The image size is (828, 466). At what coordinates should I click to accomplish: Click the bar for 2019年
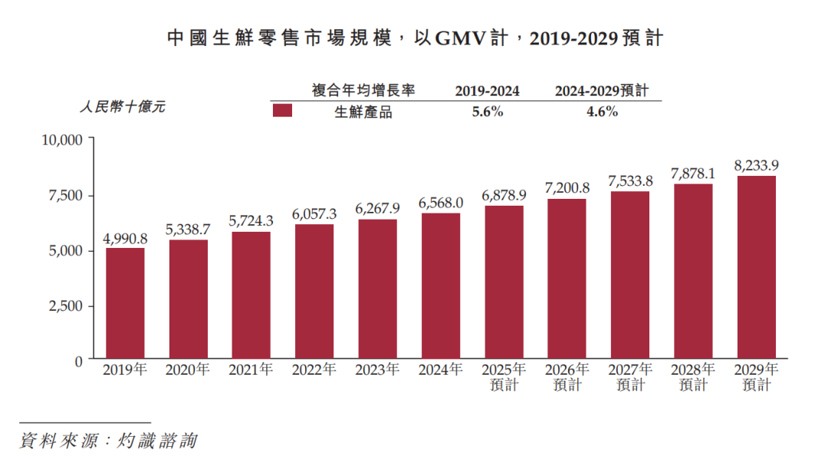pyautogui.click(x=125, y=303)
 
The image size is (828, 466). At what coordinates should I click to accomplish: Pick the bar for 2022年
pyautogui.click(x=314, y=292)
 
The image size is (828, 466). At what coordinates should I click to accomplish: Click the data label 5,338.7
pyautogui.click(x=188, y=229)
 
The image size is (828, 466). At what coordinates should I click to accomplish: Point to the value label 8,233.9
pyautogui.click(x=756, y=165)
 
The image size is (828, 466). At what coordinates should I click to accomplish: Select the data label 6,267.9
pyautogui.click(x=377, y=208)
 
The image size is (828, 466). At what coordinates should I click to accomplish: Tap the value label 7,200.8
pyautogui.click(x=567, y=187)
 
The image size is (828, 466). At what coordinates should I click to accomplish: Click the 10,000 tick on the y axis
pyautogui.click(x=61, y=140)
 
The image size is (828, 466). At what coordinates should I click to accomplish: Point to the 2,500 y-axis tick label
pyautogui.click(x=66, y=306)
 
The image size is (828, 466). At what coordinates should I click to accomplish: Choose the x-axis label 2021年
pyautogui.click(x=251, y=370)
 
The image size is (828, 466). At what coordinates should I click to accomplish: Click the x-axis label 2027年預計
pyautogui.click(x=630, y=377)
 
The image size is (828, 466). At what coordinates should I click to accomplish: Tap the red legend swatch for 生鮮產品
pyautogui.click(x=283, y=111)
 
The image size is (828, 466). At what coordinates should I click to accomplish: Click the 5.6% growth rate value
pyautogui.click(x=487, y=111)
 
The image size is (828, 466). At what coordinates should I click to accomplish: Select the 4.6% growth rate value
pyautogui.click(x=602, y=111)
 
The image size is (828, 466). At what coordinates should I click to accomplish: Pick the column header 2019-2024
pyautogui.click(x=487, y=91)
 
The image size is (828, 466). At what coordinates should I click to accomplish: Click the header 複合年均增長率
pyautogui.click(x=363, y=91)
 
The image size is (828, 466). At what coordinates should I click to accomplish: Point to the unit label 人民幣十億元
pyautogui.click(x=123, y=107)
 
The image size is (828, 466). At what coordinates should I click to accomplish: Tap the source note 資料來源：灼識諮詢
pyautogui.click(x=108, y=441)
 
